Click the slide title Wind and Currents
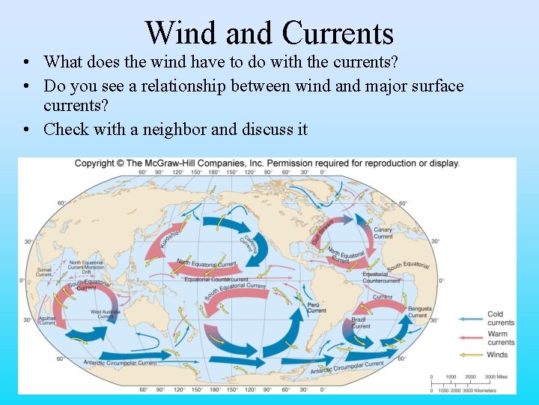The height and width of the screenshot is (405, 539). tap(269, 33)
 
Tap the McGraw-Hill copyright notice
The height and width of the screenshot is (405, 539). tap(267, 163)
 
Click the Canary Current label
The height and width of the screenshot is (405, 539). tap(383, 232)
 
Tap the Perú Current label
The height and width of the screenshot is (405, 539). tap(317, 307)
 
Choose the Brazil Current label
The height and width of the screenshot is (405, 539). tap(361, 322)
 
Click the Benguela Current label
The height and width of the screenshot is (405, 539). tap(418, 311)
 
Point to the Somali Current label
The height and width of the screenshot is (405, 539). tap(45, 271)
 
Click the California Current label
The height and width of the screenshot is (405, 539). tap(248, 245)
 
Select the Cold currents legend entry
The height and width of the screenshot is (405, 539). tap(501, 318)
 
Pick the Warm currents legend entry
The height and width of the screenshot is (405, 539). tap(501, 338)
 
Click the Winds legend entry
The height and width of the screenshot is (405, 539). tap(497, 355)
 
